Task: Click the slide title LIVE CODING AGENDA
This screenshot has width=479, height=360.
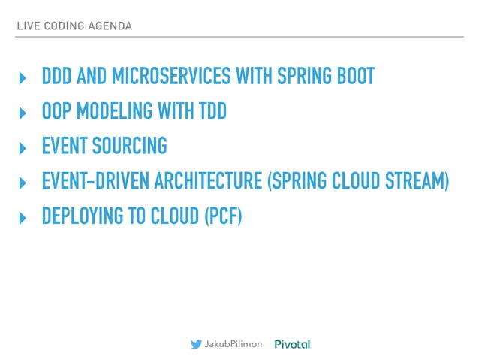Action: pyautogui.click(x=74, y=26)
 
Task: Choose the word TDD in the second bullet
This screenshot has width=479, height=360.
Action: pyautogui.click(x=211, y=112)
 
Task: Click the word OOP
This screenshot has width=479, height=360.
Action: pyautogui.click(x=56, y=112)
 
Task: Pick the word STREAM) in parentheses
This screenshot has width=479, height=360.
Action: pyautogui.click(x=419, y=182)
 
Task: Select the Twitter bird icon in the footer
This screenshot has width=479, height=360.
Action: pyautogui.click(x=196, y=344)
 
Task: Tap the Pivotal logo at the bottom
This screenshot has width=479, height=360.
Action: pyautogui.click(x=292, y=344)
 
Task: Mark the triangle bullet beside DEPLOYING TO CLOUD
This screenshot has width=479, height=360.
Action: pyautogui.click(x=22, y=218)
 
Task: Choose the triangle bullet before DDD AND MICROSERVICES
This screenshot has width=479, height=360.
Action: pyautogui.click(x=22, y=78)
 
